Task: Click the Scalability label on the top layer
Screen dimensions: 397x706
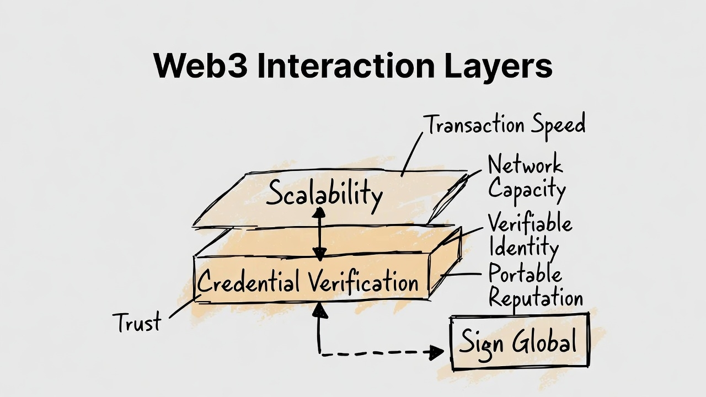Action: point(324,194)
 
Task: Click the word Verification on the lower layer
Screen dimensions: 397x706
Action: point(362,282)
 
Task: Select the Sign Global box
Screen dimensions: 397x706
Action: point(519,342)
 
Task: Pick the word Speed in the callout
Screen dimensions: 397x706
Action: point(558,126)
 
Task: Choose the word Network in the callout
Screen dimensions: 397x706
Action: point(525,165)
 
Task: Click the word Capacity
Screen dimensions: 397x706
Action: point(527,190)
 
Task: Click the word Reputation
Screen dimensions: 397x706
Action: point(536,298)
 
